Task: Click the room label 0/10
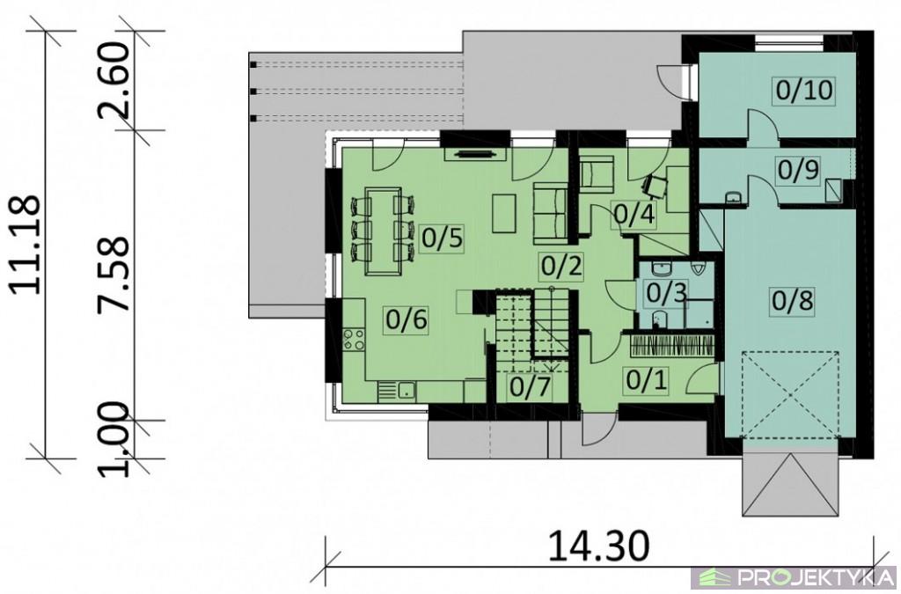(x=803, y=91)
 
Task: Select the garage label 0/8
(x=793, y=300)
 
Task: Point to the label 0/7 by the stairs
(x=530, y=386)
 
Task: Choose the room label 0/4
(x=634, y=214)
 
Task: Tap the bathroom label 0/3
(x=666, y=292)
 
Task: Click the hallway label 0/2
(x=561, y=266)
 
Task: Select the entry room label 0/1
(x=647, y=380)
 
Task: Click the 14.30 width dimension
(x=599, y=546)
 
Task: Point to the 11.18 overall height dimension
(x=26, y=245)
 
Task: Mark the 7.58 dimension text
(x=114, y=275)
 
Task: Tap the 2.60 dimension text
(x=114, y=79)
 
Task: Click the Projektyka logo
(x=795, y=576)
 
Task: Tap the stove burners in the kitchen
(x=353, y=339)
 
